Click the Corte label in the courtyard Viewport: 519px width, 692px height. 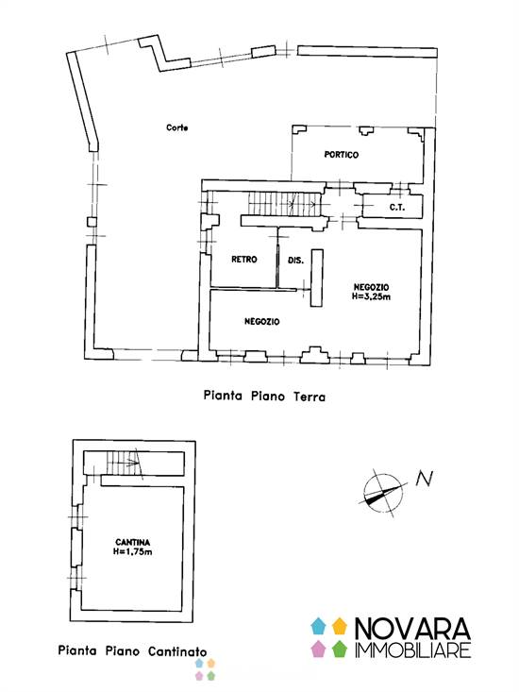pos(176,127)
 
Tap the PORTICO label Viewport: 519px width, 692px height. pos(342,155)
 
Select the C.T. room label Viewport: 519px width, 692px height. pos(397,207)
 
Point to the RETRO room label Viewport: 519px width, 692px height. pos(243,259)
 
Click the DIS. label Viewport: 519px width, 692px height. pos(295,261)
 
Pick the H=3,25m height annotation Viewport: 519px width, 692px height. pos(371,296)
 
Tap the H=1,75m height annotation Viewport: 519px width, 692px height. pos(133,551)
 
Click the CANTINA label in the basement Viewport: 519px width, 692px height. pos(132,542)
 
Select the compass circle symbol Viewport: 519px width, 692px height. pos(383,494)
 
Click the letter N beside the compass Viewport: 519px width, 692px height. pos(425,479)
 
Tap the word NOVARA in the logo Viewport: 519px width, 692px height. pos(412,629)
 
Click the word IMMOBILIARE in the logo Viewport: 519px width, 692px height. pos(412,650)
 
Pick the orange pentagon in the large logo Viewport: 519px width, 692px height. pos(339,626)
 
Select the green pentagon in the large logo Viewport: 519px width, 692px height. pos(339,649)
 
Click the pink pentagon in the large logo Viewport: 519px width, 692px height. pos(318,649)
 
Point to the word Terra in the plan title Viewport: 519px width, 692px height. pos(310,397)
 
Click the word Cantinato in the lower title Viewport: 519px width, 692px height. pos(177,651)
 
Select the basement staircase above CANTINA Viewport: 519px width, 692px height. pos(125,463)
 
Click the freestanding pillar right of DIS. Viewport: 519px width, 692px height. pos(317,278)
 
